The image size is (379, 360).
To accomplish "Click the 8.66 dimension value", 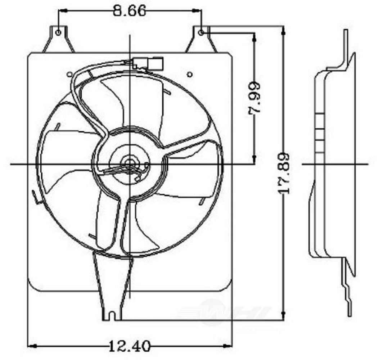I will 130,10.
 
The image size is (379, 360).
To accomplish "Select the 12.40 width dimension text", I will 130,346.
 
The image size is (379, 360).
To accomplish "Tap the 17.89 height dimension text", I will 284,174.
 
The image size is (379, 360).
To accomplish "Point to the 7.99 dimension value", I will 254,98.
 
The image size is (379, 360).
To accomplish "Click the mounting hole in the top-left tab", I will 58,32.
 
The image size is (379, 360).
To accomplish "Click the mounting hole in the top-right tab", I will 201,33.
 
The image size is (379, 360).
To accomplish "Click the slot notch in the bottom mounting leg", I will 112,316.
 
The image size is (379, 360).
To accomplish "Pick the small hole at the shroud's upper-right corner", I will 190,75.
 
